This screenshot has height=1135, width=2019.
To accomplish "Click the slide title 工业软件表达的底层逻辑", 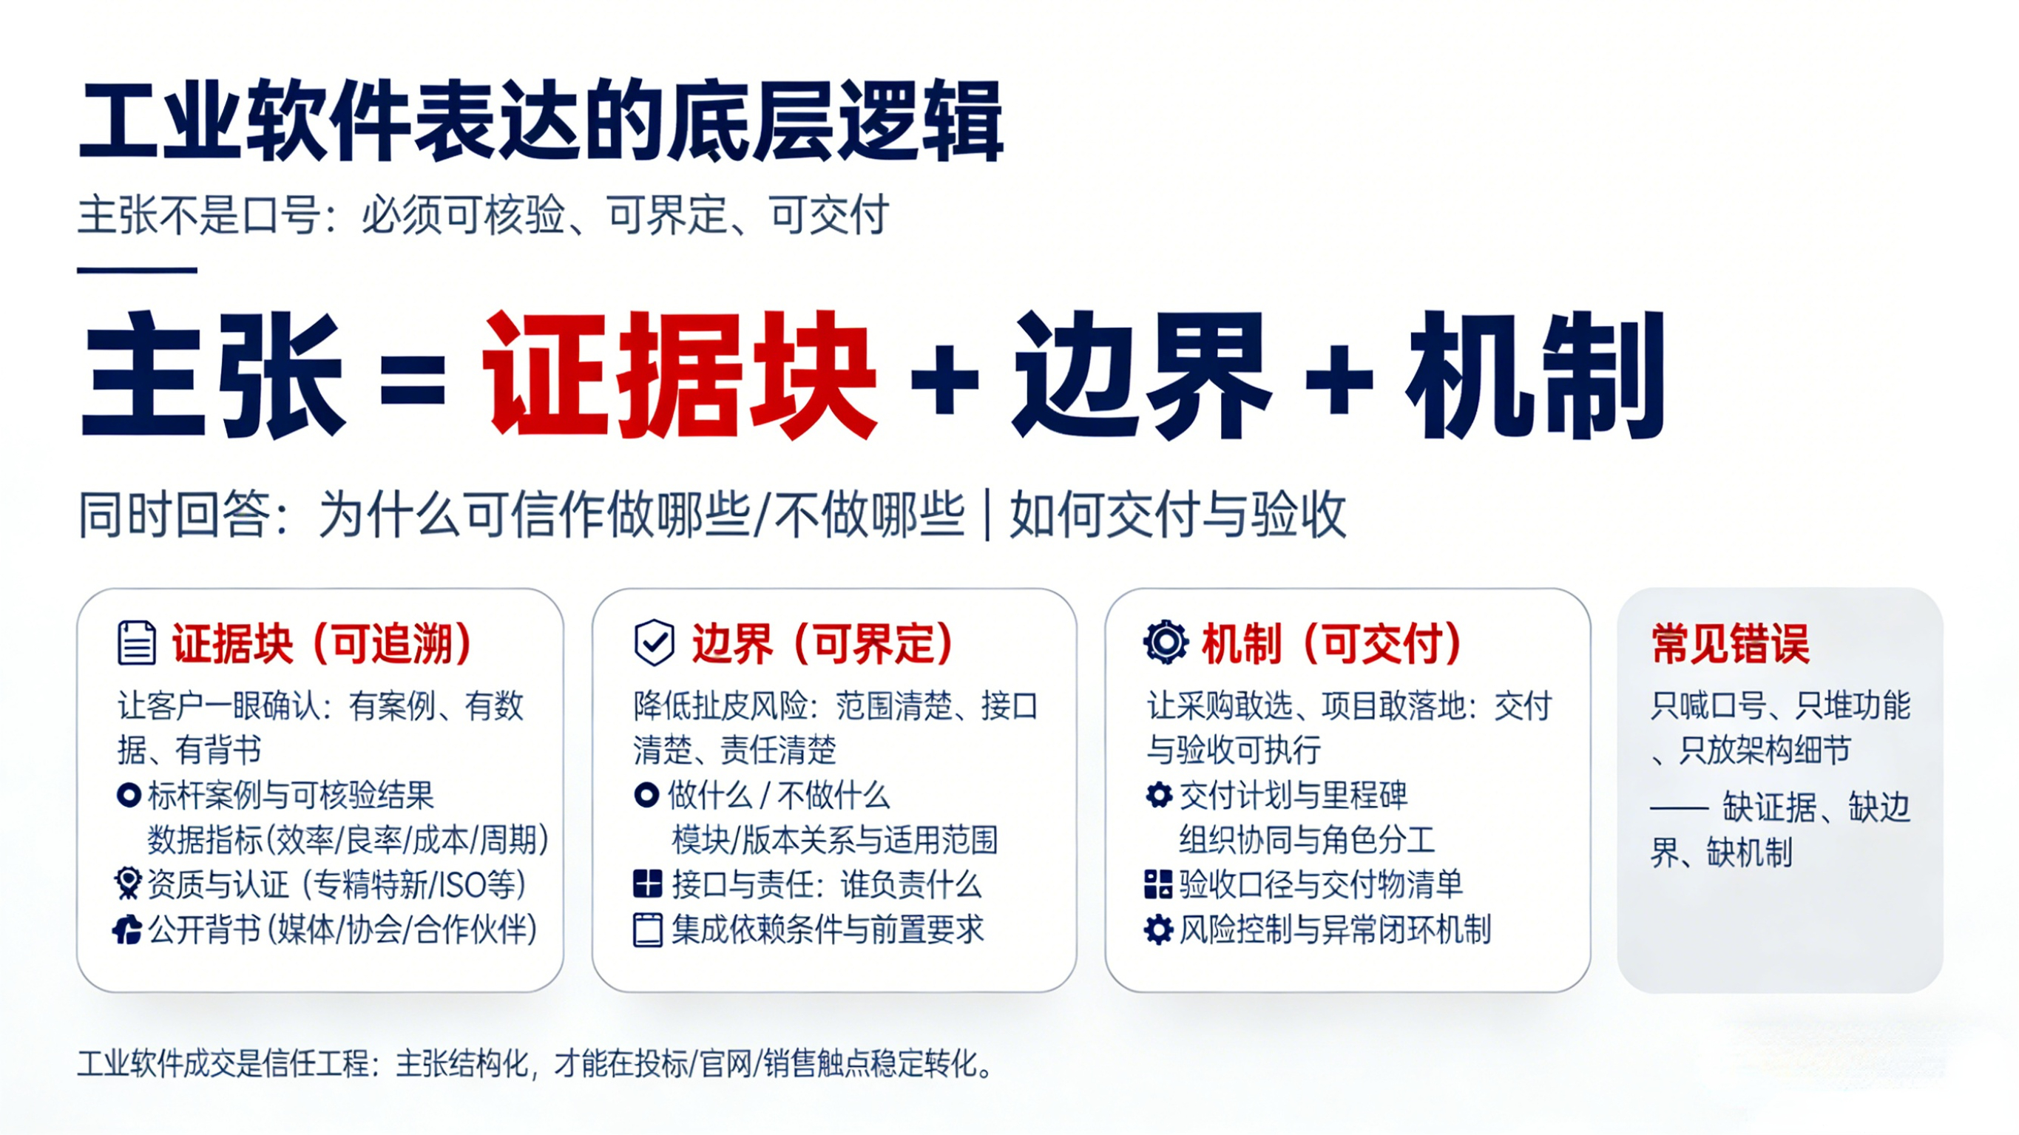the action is (541, 121).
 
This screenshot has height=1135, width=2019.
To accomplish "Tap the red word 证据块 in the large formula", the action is (679, 375).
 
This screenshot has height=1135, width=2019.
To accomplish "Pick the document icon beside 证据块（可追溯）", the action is (136, 643).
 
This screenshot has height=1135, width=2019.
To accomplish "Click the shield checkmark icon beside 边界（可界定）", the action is (655, 643).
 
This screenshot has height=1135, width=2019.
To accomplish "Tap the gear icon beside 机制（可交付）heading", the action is (1166, 643).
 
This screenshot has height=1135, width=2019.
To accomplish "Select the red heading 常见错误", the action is (1730, 644).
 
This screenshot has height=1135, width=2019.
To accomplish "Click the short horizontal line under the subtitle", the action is (136, 271).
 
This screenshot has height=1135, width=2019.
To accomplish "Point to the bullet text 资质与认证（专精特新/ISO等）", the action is (336, 885).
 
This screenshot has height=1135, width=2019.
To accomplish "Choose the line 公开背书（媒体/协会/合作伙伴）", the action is (342, 929).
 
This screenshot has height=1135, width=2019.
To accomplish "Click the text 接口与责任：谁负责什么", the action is (826, 885).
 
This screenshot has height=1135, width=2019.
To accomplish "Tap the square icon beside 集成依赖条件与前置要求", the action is (647, 930).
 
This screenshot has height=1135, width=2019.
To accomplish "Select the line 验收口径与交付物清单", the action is (1321, 885).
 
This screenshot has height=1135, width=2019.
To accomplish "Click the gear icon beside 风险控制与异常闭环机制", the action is (1158, 929).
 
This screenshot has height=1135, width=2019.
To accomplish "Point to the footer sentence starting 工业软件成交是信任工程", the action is (536, 1065).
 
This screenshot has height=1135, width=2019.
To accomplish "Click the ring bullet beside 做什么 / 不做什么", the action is (646, 796).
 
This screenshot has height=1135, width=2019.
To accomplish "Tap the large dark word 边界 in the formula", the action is (1141, 375).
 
